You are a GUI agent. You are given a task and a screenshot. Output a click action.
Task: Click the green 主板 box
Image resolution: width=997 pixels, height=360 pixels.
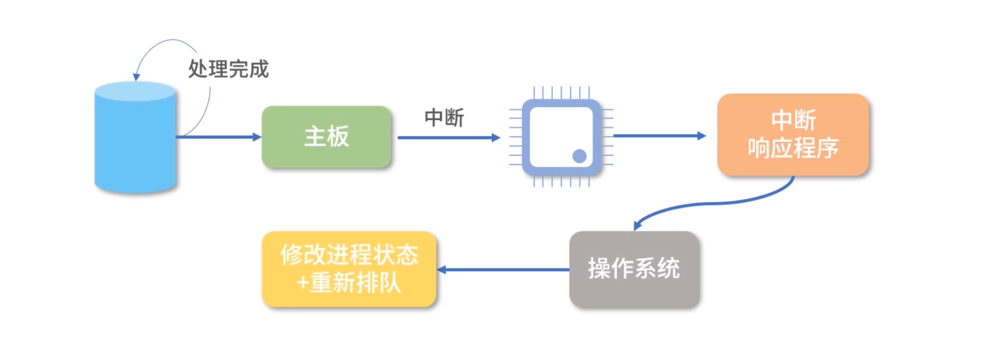point(326,137)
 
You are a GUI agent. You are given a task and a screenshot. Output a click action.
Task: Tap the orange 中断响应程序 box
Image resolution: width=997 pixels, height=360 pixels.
point(793,135)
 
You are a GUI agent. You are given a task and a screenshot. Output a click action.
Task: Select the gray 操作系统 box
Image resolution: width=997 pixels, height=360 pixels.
point(634,269)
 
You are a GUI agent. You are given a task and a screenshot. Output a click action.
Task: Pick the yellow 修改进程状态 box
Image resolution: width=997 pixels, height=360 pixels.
point(349,269)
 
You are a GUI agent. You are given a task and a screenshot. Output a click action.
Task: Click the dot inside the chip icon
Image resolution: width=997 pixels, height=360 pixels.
point(579,156)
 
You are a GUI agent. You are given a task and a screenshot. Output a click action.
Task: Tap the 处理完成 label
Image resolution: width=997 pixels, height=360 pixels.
point(228,69)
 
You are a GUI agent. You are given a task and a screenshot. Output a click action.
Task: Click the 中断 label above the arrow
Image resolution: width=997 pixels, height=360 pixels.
point(444,118)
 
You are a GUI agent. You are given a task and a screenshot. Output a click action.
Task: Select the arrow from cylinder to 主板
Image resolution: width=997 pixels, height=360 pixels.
point(217,137)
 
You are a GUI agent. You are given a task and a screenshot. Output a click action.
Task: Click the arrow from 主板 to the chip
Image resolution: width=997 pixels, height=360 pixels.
point(448,137)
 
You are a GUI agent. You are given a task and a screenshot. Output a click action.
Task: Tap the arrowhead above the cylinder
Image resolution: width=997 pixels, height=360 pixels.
point(136,77)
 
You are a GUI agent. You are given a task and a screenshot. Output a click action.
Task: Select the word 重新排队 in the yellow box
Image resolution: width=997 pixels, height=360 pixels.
point(355,282)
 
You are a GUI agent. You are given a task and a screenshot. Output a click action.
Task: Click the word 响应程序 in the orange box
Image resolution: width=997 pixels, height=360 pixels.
point(793,148)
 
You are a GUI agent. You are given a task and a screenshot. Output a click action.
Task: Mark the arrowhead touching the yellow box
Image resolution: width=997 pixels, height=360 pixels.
point(442,269)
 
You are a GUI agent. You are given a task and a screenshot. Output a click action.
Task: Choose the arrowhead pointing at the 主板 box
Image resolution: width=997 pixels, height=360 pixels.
point(257,137)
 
